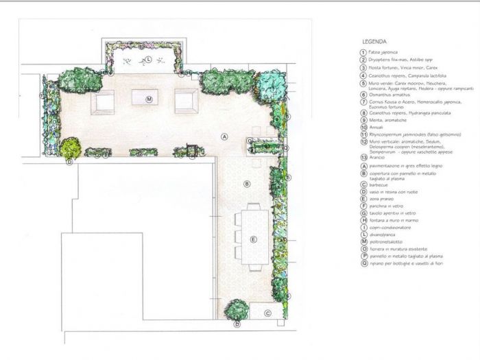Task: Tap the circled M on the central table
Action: click(x=148, y=99)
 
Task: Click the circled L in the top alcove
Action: click(x=148, y=60)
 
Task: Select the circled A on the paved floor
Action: click(x=224, y=137)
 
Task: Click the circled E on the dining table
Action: click(x=253, y=239)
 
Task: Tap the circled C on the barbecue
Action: click(x=268, y=313)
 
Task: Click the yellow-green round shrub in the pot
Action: click(x=71, y=147)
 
